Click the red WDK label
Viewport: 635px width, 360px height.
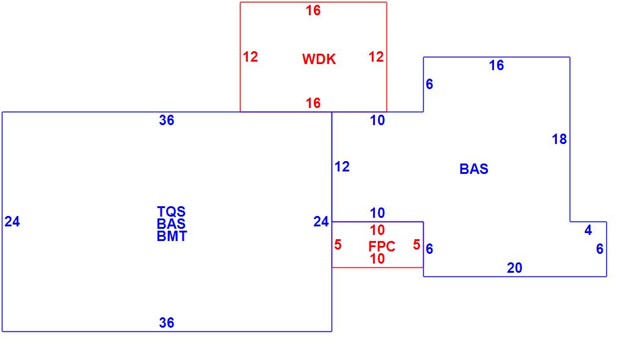pyautogui.click(x=319, y=59)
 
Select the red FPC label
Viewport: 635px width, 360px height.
pyautogui.click(x=382, y=247)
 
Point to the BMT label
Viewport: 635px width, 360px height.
pyautogui.click(x=172, y=237)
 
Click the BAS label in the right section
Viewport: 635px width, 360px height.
pyautogui.click(x=474, y=169)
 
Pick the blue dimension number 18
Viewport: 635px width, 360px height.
pyautogui.click(x=559, y=140)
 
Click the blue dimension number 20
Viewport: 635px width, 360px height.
pyautogui.click(x=515, y=268)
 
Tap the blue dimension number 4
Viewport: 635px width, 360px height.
pyautogui.click(x=588, y=231)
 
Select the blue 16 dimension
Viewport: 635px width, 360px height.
pyautogui.click(x=496, y=65)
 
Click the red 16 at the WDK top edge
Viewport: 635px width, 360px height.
pyautogui.click(x=313, y=10)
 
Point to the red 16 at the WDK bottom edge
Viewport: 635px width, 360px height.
pyautogui.click(x=313, y=103)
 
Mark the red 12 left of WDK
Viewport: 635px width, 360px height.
pyautogui.click(x=250, y=57)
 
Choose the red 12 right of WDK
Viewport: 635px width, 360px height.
pyautogui.click(x=376, y=57)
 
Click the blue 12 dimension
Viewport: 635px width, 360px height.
pyautogui.click(x=342, y=167)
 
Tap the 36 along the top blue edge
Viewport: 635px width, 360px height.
pyautogui.click(x=167, y=120)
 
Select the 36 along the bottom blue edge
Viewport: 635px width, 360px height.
pyautogui.click(x=167, y=323)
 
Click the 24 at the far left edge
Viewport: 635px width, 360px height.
pyautogui.click(x=12, y=222)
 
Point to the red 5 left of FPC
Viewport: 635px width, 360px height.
pyautogui.click(x=338, y=245)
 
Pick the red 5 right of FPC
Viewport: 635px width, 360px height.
pyautogui.click(x=416, y=245)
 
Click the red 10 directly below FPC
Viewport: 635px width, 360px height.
pyautogui.click(x=377, y=259)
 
